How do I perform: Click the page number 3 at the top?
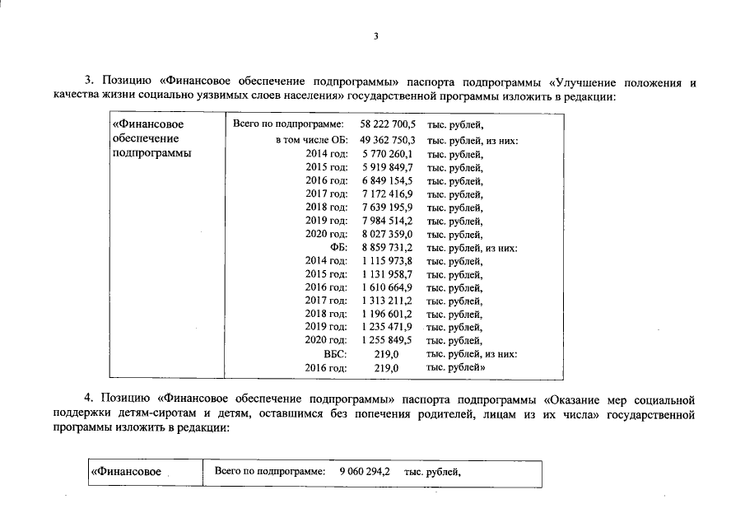(x=375, y=36)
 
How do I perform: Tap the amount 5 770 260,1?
(x=387, y=154)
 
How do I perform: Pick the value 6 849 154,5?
(x=387, y=180)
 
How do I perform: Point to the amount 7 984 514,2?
(x=387, y=221)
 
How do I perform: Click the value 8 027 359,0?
(x=387, y=234)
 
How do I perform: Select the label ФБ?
(x=338, y=247)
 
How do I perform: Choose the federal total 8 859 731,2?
(x=387, y=247)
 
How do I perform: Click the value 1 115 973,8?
(x=387, y=260)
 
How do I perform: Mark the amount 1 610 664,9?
(x=387, y=287)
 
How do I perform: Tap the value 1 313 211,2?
(x=387, y=301)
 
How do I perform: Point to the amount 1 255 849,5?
(x=387, y=340)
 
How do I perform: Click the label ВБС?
(x=336, y=354)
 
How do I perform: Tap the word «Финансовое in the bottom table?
(x=126, y=473)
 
